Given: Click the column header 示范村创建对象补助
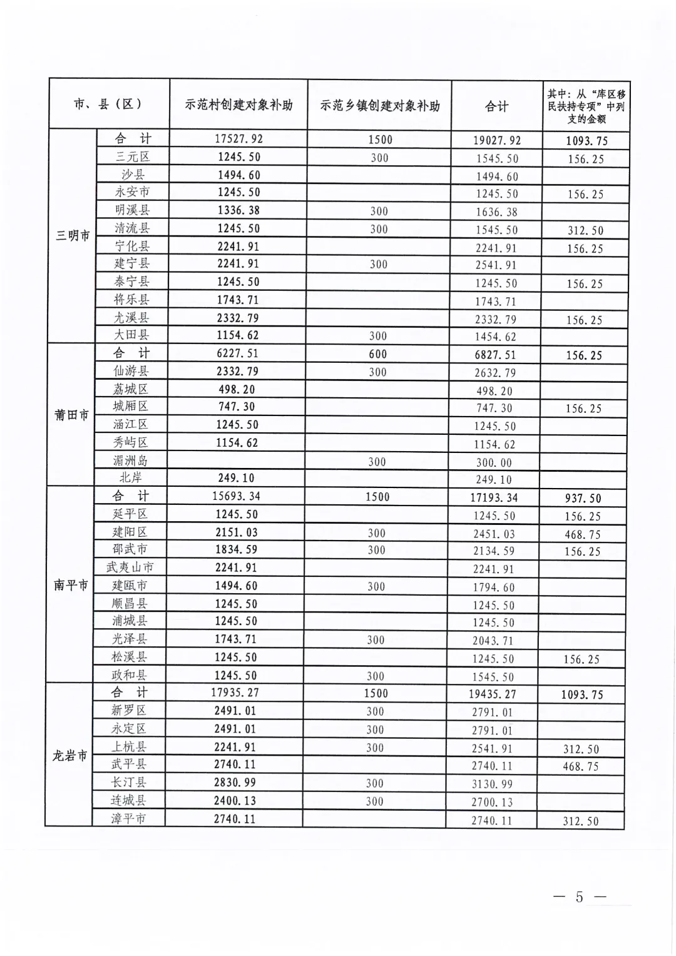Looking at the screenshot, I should pos(238,105).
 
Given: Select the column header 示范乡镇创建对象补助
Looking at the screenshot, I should pos(380,106).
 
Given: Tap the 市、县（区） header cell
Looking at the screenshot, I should pos(108,104).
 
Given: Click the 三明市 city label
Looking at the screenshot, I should pos(73,235).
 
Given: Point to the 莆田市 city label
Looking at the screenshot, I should pos(71,415).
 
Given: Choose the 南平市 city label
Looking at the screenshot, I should pos(70,586).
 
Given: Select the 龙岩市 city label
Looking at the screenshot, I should pos(69,756).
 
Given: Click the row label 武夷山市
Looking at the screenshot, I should pos(130,567).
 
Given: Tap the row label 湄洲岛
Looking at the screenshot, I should pos(131,460).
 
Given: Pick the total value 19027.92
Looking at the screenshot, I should pos(497,141).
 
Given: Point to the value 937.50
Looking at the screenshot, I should pos(583,499).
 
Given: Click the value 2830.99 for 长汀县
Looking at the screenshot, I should pos(235,782).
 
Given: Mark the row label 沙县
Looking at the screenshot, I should pos(132,175).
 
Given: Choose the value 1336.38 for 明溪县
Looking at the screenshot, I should pos(238,210).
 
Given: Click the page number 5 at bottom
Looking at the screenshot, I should pos(579,897).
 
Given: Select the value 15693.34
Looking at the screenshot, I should pos(236,496).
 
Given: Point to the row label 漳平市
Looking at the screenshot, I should pos(128,818).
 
